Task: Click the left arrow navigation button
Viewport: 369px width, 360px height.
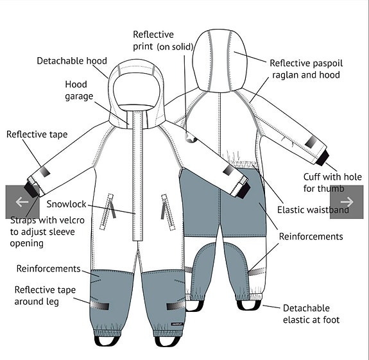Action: pyautogui.click(x=22, y=202)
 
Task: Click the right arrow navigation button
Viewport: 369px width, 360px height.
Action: pyautogui.click(x=347, y=202)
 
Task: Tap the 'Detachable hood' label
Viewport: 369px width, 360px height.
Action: pyautogui.click(x=72, y=61)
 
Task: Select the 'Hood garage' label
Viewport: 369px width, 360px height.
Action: pyautogui.click(x=79, y=90)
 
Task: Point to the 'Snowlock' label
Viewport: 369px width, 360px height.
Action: pyautogui.click(x=66, y=204)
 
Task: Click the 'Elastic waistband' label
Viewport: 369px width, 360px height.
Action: pyautogui.click(x=313, y=210)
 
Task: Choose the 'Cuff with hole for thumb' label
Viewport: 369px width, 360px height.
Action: pyautogui.click(x=332, y=183)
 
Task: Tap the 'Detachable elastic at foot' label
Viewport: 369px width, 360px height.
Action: pyautogui.click(x=311, y=314)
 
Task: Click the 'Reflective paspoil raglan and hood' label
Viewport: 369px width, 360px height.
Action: pyautogui.click(x=306, y=69)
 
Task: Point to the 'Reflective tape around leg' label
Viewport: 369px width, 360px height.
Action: pyautogui.click(x=45, y=296)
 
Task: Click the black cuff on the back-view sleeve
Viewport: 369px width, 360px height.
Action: pyautogui.click(x=323, y=158)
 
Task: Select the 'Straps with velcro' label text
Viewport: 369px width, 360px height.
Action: pyautogui.click(x=47, y=220)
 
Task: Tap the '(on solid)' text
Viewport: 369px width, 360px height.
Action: pyautogui.click(x=175, y=47)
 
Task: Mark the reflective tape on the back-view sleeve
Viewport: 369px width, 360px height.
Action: pyautogui.click(x=311, y=142)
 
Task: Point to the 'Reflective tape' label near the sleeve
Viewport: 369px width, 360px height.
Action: pyautogui.click(x=37, y=134)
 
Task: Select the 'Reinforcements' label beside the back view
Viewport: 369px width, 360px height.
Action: pyautogui.click(x=311, y=236)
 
